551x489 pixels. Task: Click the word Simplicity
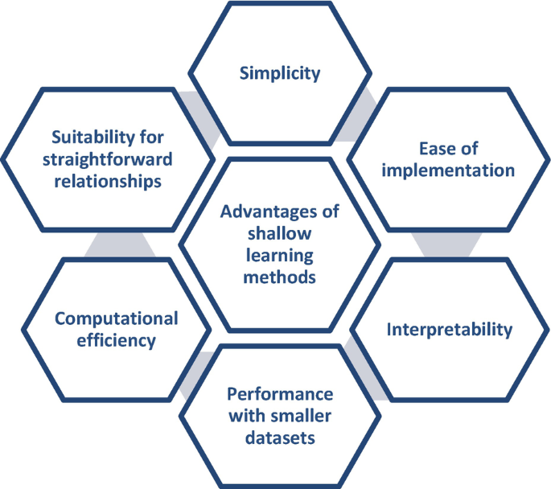coord(280,73)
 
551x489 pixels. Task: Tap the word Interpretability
coord(449,329)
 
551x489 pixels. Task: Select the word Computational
coord(117,318)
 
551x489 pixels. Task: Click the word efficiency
coord(117,340)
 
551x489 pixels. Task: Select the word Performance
coord(280,395)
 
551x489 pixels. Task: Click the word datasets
coord(279,438)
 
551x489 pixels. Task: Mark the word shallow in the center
coord(280,234)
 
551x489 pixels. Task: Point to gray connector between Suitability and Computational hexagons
coord(121,244)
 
